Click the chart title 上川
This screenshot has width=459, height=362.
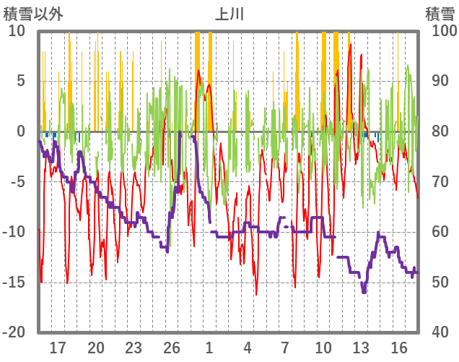[229, 14]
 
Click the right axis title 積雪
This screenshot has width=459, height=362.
[440, 14]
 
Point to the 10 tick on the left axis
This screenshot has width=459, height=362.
[17, 31]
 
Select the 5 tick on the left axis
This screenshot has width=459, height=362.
[20, 81]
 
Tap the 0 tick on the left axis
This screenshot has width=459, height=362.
[20, 132]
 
